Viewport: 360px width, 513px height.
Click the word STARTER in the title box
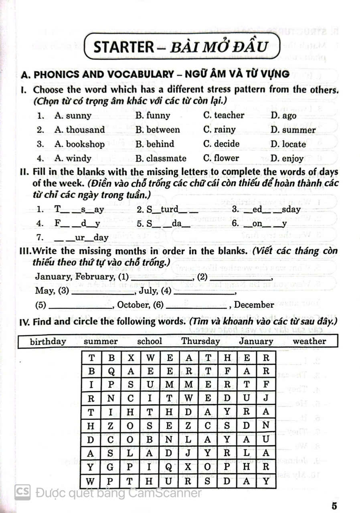pos(123,47)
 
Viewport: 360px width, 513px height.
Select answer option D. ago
pos(283,116)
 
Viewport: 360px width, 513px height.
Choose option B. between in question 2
pos(158,130)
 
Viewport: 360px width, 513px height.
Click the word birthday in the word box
pos(48,341)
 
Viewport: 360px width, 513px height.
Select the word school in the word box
pos(150,341)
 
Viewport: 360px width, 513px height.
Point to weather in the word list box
pos(309,341)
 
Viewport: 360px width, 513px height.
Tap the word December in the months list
pos(254,305)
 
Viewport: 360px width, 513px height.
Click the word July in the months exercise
pos(148,291)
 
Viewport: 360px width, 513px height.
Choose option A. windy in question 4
pos(73,158)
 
